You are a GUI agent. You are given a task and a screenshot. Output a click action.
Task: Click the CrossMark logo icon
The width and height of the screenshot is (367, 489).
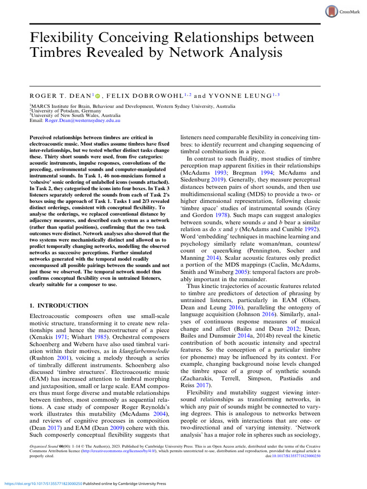pyautogui.click(x=331, y=12)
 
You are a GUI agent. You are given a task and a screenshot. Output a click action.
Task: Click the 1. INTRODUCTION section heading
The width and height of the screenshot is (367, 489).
pyautogui.click(x=59, y=306)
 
